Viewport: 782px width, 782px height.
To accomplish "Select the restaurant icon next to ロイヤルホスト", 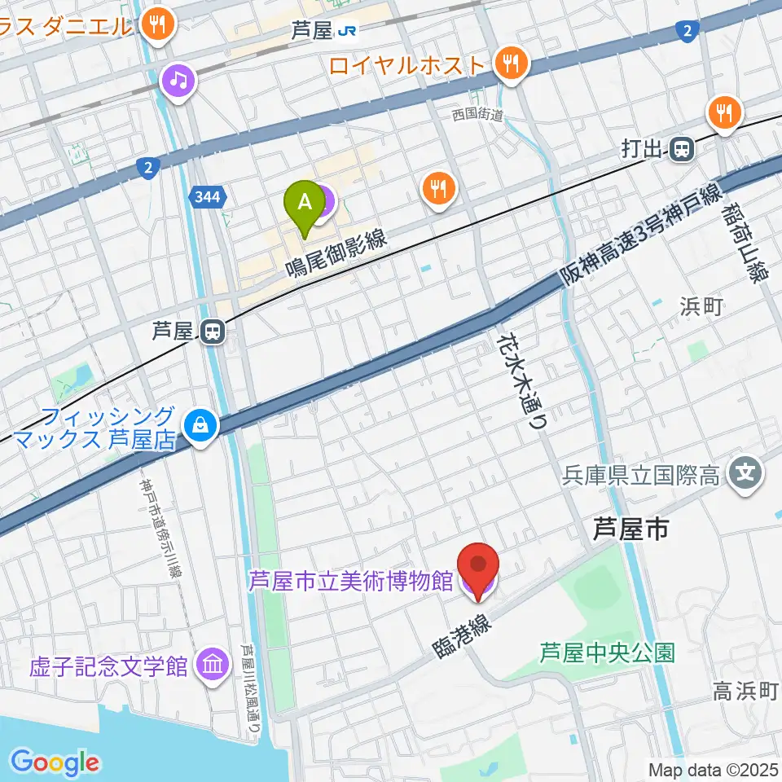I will click(x=512, y=64).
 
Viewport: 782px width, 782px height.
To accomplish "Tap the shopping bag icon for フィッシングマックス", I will click(x=200, y=424).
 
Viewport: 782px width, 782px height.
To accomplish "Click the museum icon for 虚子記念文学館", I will click(x=213, y=666).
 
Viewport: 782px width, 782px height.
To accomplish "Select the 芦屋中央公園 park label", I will click(x=608, y=652).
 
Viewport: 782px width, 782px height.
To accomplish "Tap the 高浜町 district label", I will click(x=746, y=692).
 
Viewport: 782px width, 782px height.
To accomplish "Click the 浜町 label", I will click(x=701, y=307).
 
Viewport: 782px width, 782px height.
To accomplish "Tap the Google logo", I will click(x=55, y=762).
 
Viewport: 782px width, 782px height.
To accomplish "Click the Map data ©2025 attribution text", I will click(x=713, y=769).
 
